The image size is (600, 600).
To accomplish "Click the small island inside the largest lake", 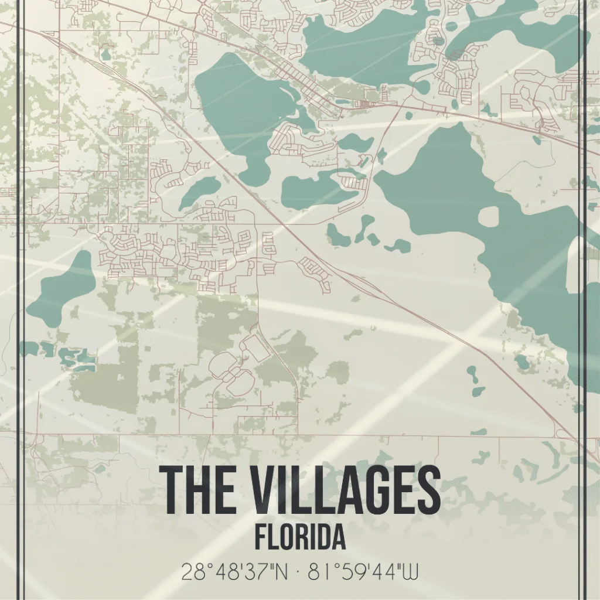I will pos(488,216).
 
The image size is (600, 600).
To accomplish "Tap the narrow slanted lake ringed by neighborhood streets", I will pos(199,192).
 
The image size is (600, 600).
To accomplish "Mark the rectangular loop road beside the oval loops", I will pos(255,349).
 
